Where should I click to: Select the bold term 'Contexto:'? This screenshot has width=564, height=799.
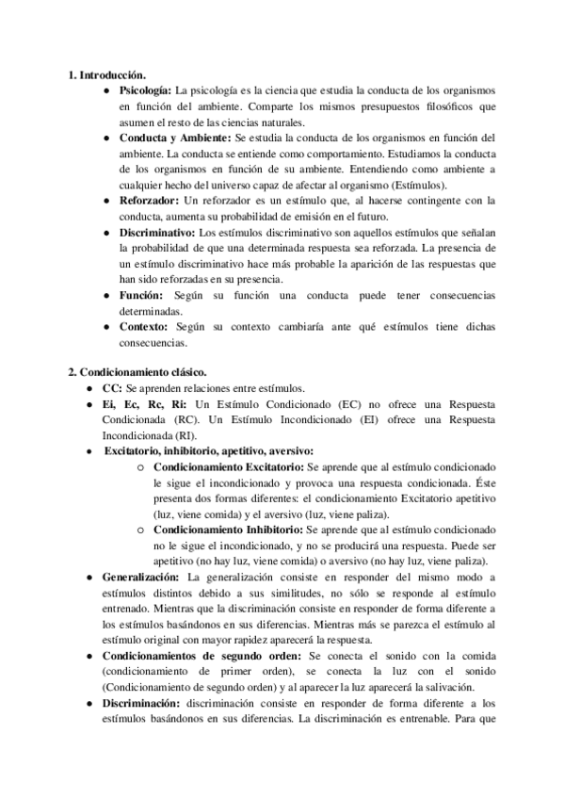[144, 327]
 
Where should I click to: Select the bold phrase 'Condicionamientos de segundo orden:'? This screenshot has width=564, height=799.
[201, 656]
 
